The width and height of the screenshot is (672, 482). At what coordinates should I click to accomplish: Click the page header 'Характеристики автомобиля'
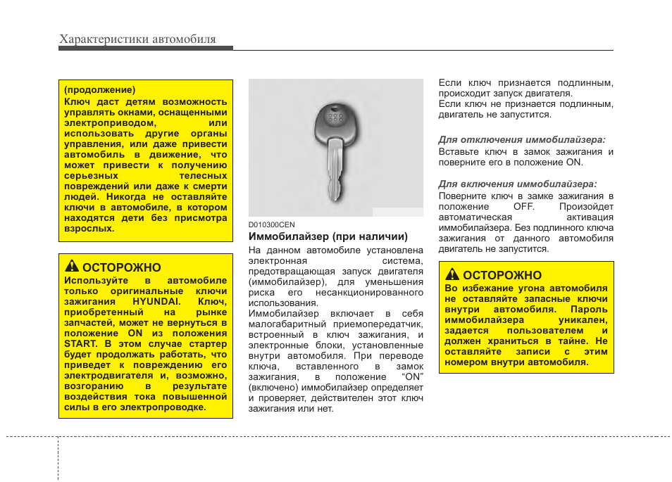[137, 39]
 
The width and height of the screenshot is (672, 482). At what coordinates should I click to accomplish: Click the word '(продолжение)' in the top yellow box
[99, 90]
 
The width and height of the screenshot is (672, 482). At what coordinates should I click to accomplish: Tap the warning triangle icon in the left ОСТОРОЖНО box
[72, 267]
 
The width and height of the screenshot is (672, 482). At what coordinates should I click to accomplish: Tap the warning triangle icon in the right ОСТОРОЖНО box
[452, 275]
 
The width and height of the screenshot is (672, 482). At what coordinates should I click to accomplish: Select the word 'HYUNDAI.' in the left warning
[156, 302]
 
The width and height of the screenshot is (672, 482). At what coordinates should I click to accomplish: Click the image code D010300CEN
[271, 224]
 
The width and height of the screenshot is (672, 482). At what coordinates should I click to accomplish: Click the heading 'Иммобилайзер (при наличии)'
[328, 237]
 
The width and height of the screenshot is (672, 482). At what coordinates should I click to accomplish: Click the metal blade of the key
[336, 172]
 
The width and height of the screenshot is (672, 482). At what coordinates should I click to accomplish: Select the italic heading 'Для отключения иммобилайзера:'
[522, 140]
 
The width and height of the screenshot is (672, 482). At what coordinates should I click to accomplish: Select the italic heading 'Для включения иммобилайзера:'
[518, 184]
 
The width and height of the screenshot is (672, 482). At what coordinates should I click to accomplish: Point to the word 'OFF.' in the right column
[523, 207]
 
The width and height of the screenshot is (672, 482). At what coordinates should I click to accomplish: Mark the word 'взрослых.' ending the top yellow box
[89, 229]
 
